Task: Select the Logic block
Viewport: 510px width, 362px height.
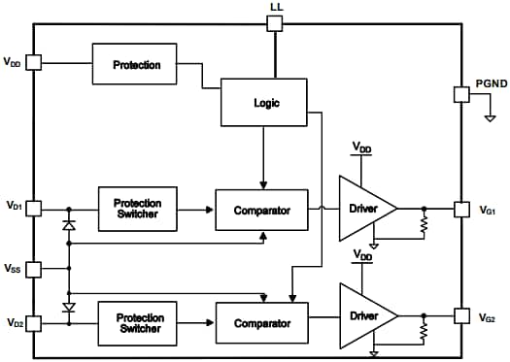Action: [264, 102]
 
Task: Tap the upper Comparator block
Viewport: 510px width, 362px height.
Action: [262, 210]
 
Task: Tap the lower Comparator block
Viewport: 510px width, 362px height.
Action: [262, 322]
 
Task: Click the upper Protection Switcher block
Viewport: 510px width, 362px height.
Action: [138, 208]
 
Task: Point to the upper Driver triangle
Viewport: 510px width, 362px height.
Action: [363, 209]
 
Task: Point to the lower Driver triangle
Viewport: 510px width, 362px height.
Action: [363, 316]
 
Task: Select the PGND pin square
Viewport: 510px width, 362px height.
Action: [461, 94]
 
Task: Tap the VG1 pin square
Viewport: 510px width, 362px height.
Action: [461, 209]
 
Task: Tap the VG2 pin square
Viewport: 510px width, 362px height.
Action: [461, 316]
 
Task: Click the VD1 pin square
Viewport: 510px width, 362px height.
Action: [34, 208]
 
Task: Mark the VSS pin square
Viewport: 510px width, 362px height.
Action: [34, 268]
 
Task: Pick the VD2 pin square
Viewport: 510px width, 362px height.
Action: [34, 323]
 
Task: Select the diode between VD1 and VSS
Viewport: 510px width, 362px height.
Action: [69, 225]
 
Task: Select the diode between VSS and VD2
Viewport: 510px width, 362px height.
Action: [69, 307]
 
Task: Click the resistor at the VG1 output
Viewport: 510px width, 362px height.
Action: [424, 225]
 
